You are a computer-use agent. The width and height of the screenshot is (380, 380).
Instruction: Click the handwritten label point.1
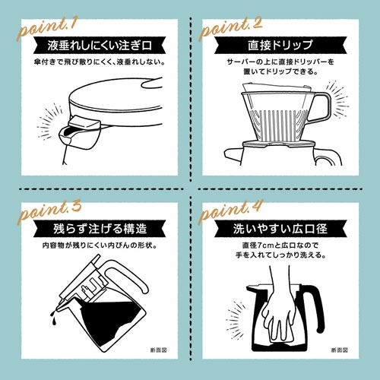[46, 28]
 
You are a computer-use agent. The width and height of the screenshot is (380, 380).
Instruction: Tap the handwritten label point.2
[230, 28]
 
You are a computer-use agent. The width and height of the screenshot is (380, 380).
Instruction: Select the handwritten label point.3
[49, 212]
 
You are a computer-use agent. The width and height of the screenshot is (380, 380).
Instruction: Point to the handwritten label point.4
[230, 212]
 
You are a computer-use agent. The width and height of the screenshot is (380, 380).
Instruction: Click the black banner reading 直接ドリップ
[280, 46]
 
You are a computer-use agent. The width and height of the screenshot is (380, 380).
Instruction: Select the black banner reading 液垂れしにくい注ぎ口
[100, 46]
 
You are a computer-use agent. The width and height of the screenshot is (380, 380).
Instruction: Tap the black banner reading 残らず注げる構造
[100, 229]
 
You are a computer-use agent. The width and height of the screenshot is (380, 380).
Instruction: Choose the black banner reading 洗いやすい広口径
[280, 229]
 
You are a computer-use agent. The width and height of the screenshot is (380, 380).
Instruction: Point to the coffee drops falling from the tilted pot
[53, 317]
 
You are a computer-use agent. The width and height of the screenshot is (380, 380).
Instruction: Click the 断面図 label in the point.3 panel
[159, 350]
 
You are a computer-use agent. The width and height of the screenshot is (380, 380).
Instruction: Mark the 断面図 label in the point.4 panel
[340, 350]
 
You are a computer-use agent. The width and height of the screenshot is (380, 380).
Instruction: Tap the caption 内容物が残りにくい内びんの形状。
[100, 245]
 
